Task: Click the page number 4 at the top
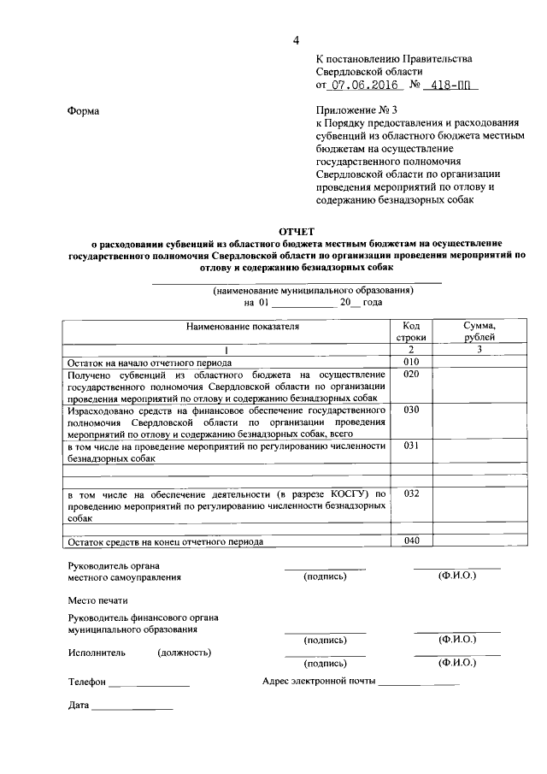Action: click(296, 40)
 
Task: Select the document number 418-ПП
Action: click(451, 86)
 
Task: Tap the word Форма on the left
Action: click(83, 110)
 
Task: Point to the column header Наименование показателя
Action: click(226, 327)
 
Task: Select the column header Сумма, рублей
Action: click(479, 332)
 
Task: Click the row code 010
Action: click(410, 362)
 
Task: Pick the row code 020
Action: click(410, 375)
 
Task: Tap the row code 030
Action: click(410, 410)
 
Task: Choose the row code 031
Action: click(410, 446)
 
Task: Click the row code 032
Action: click(410, 493)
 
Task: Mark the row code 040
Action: click(410, 541)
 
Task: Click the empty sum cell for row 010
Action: click(479, 362)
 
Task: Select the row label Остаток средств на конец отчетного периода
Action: click(166, 541)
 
